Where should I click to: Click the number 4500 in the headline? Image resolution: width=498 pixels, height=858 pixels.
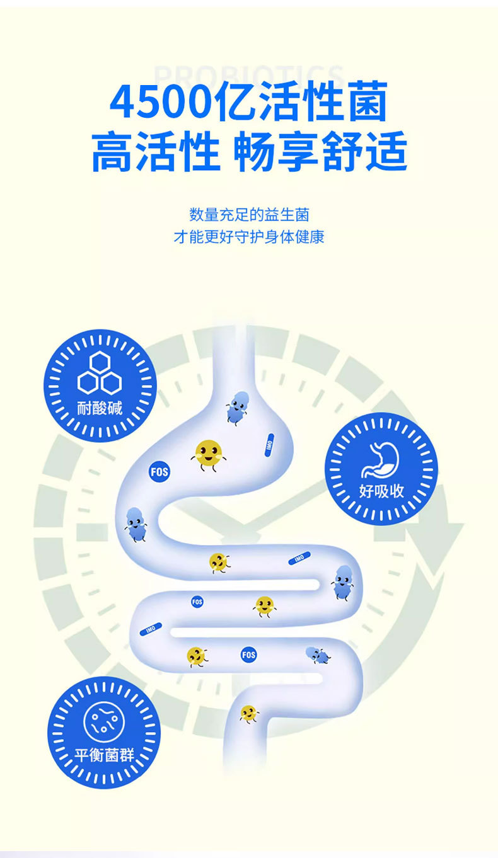(161, 103)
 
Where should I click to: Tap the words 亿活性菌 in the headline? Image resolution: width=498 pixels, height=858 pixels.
(301, 103)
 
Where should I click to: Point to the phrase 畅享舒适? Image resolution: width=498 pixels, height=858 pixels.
(320, 153)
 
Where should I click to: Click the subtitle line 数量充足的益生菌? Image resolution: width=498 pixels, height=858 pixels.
(249, 215)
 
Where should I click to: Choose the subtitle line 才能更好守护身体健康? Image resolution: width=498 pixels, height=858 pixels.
(249, 237)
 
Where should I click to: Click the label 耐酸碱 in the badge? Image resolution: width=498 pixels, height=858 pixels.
(100, 409)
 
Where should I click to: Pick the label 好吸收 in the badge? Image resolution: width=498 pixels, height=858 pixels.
(381, 491)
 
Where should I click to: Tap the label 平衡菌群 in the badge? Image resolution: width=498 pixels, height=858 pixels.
(104, 755)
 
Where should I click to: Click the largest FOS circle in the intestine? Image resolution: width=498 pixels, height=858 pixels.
(159, 471)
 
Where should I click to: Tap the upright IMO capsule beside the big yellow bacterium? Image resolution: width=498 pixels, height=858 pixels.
(269, 444)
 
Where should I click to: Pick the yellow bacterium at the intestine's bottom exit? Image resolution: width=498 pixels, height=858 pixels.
(249, 714)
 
